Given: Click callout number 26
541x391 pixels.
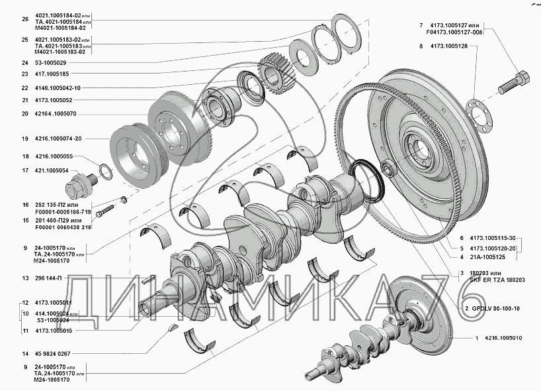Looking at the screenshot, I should pos(24,19).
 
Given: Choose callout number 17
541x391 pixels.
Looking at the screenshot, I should pos(24,170).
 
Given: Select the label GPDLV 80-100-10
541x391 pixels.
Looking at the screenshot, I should pos(496,309).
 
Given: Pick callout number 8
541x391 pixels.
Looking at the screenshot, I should pos(421,46).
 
